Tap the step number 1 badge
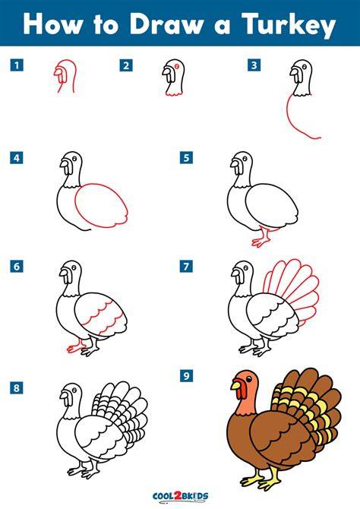click(17, 65)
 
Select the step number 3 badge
click(254, 65)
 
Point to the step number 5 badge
click(186, 158)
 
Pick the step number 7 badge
click(186, 267)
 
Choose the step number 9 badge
click(186, 376)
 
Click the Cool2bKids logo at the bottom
click(180, 496)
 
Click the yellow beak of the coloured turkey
click(236, 385)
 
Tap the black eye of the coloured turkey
click(248, 379)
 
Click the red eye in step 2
click(177, 66)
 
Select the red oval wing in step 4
click(101, 205)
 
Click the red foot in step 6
click(76, 347)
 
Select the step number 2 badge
click(125, 65)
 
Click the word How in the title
click(52, 24)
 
